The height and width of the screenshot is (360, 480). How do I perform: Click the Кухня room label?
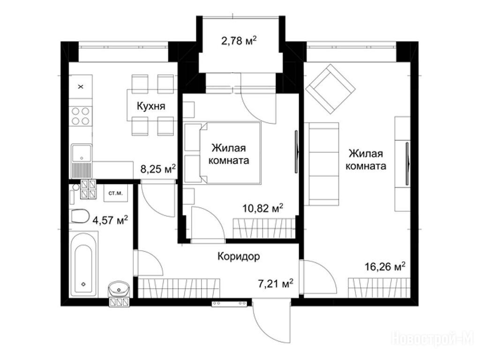tap(151, 106)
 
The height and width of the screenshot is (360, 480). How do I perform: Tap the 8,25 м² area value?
tap(158, 168)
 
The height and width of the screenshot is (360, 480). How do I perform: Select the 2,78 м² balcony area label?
tap(239, 40)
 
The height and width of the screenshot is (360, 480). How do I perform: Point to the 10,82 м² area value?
tap(262, 208)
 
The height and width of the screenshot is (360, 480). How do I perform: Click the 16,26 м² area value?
tap(385, 266)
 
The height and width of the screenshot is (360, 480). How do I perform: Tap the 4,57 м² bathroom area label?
tap(110, 220)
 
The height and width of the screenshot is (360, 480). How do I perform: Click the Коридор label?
tap(239, 256)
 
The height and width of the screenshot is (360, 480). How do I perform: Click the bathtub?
tap(83, 264)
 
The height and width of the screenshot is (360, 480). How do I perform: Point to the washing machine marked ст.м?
tap(116, 193)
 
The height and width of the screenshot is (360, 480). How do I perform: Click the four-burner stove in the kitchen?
tap(81, 116)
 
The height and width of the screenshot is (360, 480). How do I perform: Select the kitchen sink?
tap(82, 161)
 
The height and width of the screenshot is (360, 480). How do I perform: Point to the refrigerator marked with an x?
tap(81, 87)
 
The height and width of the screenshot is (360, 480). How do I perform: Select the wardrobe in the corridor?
tap(179, 288)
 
